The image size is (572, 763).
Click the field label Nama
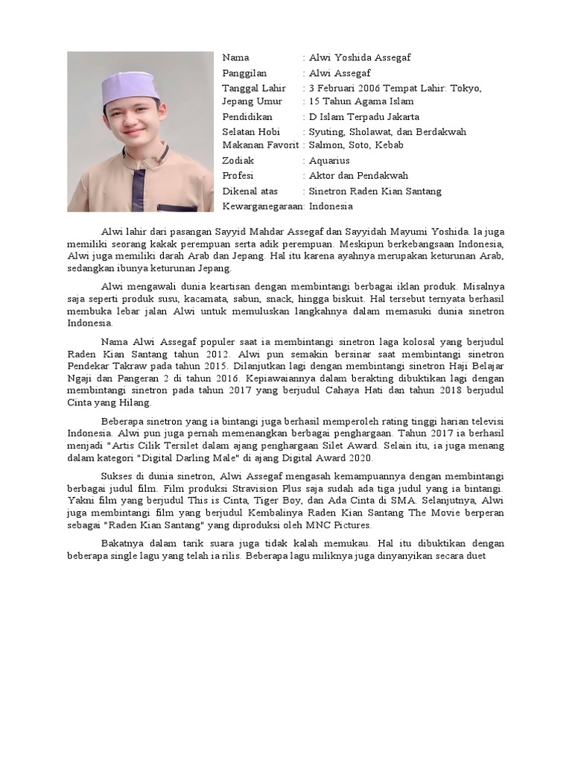236,57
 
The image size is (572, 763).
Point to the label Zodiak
238,160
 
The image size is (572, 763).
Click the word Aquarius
329,160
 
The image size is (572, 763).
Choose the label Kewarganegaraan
262,205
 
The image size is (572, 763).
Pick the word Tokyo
465,87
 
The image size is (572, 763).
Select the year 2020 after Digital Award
357,458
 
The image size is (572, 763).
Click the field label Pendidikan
248,116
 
